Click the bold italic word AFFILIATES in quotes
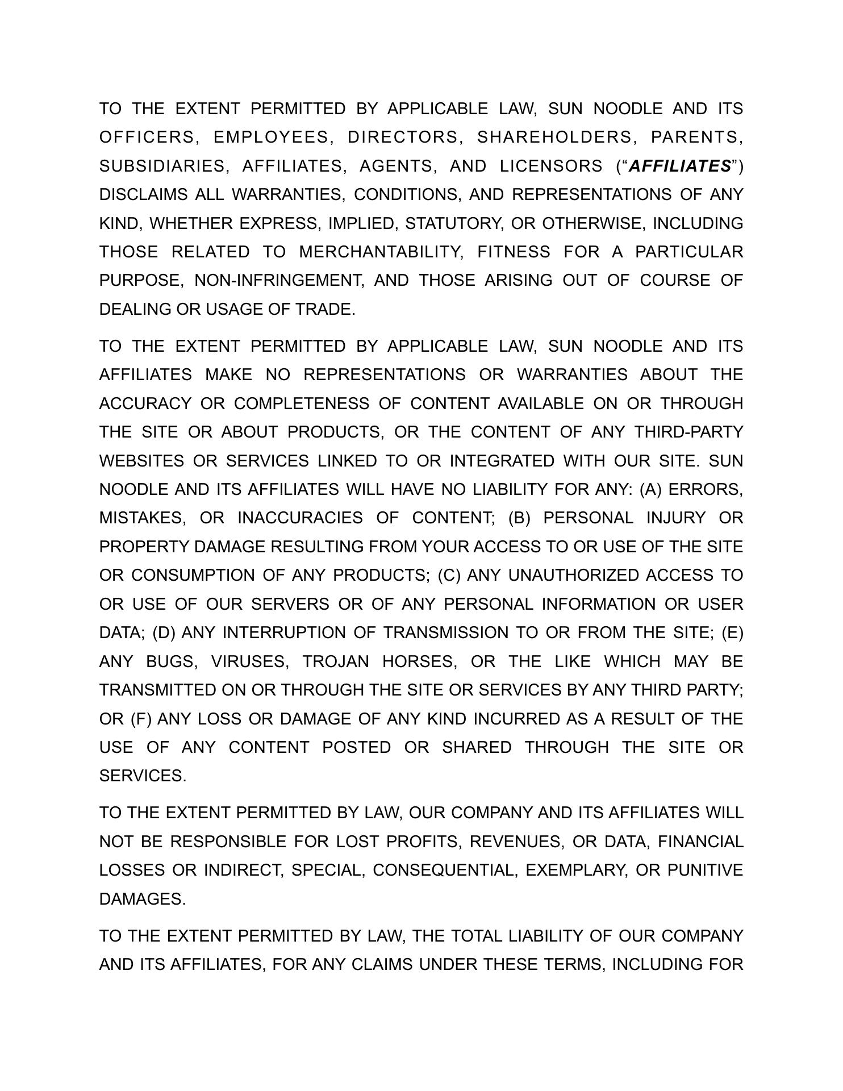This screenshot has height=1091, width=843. pyautogui.click(x=681, y=166)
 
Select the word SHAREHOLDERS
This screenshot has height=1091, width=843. pyautogui.click(x=554, y=137)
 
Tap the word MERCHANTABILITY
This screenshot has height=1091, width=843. pyautogui.click(x=381, y=252)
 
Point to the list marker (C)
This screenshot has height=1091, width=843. pyautogui.click(x=449, y=575)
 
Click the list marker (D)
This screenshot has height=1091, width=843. pyautogui.click(x=164, y=632)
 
